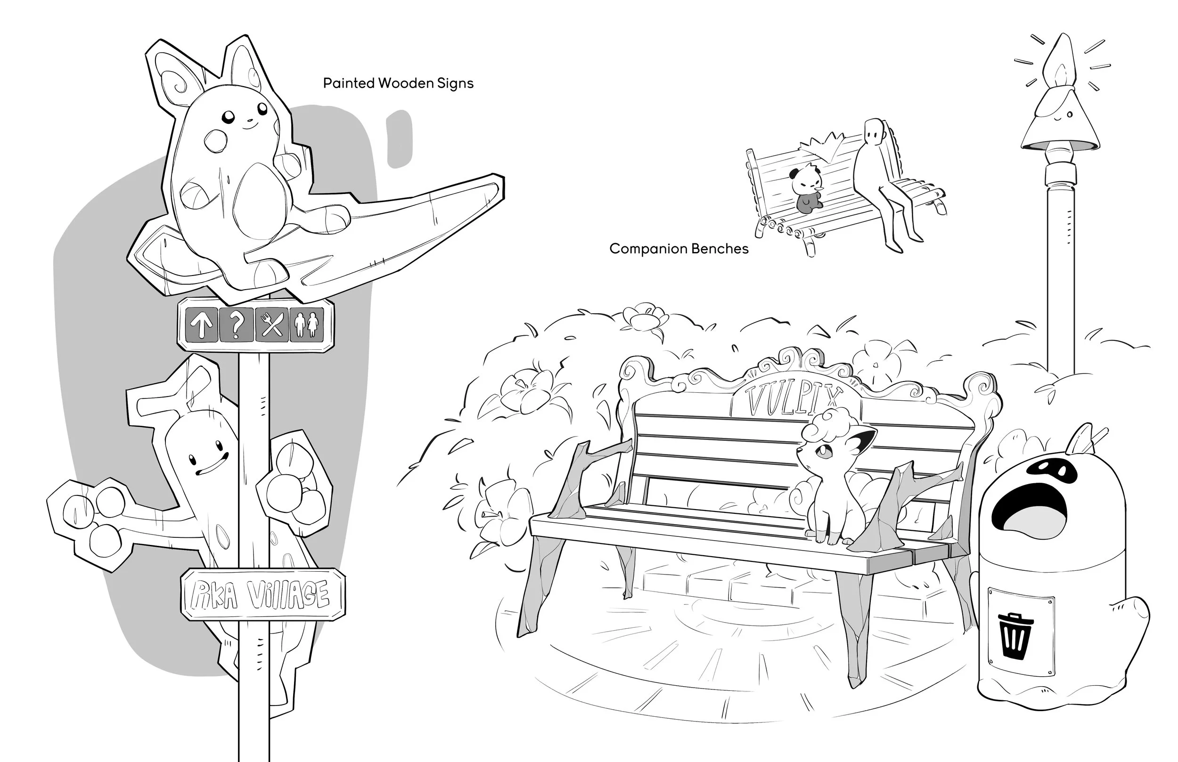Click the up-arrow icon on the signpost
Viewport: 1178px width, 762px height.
point(202,324)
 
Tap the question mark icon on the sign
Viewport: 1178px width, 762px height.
point(236,324)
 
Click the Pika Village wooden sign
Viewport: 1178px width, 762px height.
point(262,594)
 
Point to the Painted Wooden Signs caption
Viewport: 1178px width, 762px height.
point(399,83)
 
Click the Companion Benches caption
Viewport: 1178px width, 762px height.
point(679,248)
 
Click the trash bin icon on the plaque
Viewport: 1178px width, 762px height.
point(1015,634)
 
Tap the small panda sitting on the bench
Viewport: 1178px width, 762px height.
point(806,188)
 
